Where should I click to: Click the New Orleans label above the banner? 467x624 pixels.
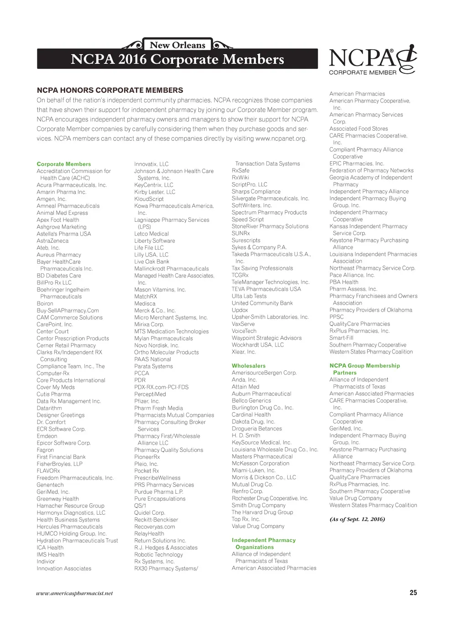pyautogui.click(x=177, y=45)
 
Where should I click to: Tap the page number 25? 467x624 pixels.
pyautogui.click(x=413, y=593)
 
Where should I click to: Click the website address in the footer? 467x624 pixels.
pyautogui.click(x=74, y=593)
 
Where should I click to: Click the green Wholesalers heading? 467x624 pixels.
pyautogui.click(x=249, y=366)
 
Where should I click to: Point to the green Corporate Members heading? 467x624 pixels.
pyautogui.click(x=64, y=164)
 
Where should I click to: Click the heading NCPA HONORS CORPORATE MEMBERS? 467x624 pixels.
pyautogui.click(x=110, y=90)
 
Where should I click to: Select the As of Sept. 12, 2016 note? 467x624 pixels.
pyautogui.click(x=357, y=519)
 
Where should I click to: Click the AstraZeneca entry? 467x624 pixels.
pyautogui.click(x=52, y=241)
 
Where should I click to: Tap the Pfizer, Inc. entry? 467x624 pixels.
pyautogui.click(x=147, y=401)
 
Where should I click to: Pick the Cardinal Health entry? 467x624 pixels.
pyautogui.click(x=251, y=414)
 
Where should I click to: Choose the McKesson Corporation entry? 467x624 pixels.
pyautogui.click(x=260, y=463)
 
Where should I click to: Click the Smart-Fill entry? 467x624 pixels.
pyautogui.click(x=342, y=338)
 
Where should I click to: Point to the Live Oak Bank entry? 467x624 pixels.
pyautogui.click(x=152, y=261)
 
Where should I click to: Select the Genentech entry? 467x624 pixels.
pyautogui.click(x=50, y=485)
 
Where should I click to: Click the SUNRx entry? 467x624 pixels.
pyautogui.click(x=241, y=233)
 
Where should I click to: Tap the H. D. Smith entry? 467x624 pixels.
pyautogui.click(x=246, y=435)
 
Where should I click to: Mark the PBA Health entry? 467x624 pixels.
pyautogui.click(x=344, y=282)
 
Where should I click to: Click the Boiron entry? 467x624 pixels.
pyautogui.click(x=45, y=303)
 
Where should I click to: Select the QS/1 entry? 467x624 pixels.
pyautogui.click(x=140, y=506)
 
